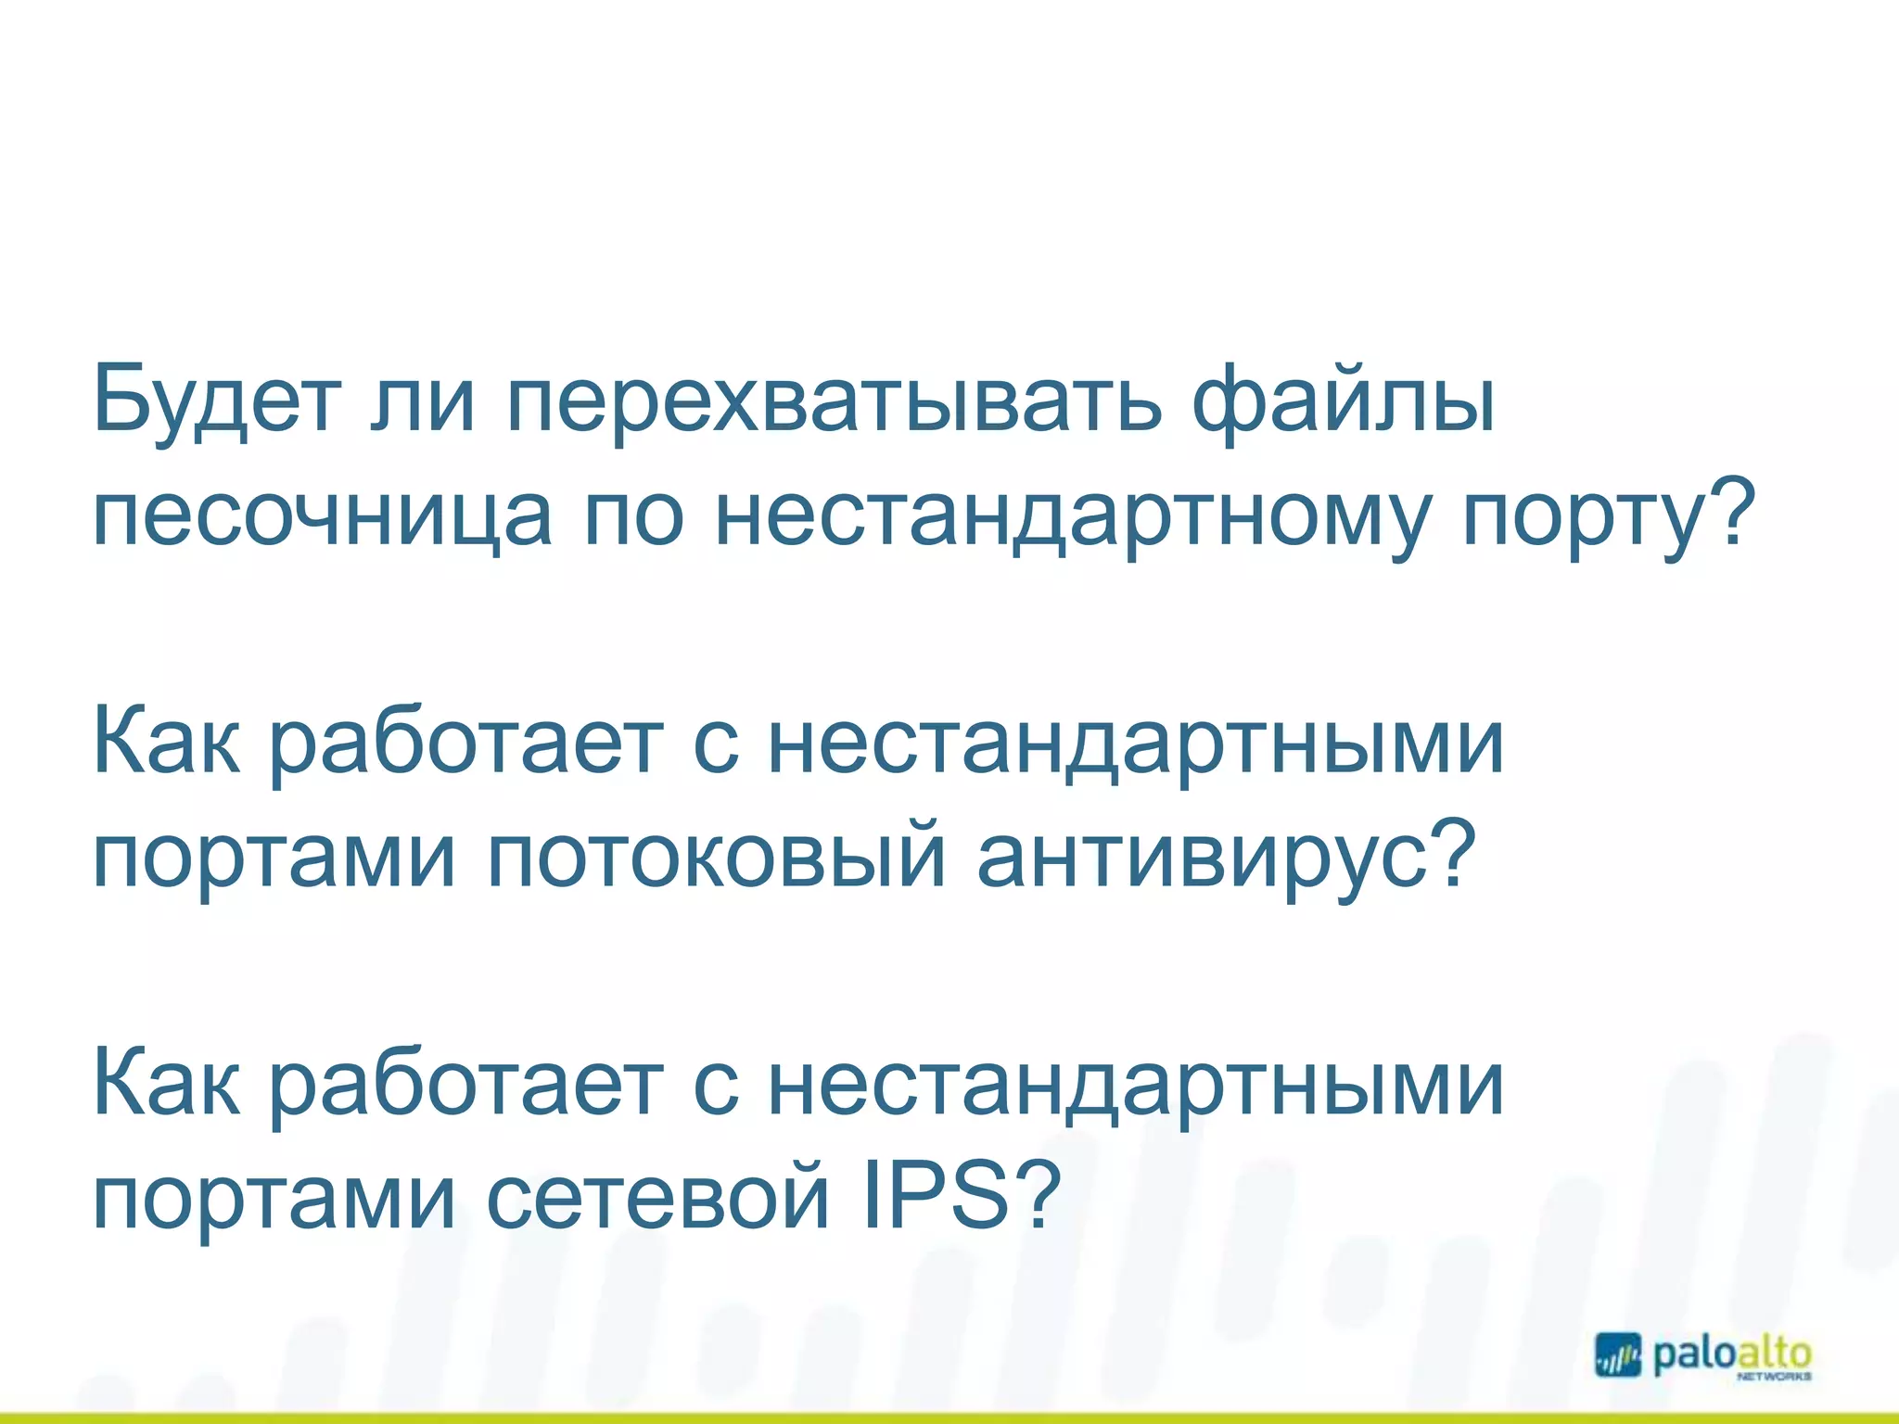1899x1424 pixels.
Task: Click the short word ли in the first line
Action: [x=423, y=400]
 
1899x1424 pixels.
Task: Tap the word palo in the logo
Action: [x=1693, y=1354]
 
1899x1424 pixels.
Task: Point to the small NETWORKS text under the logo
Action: [x=1773, y=1378]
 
